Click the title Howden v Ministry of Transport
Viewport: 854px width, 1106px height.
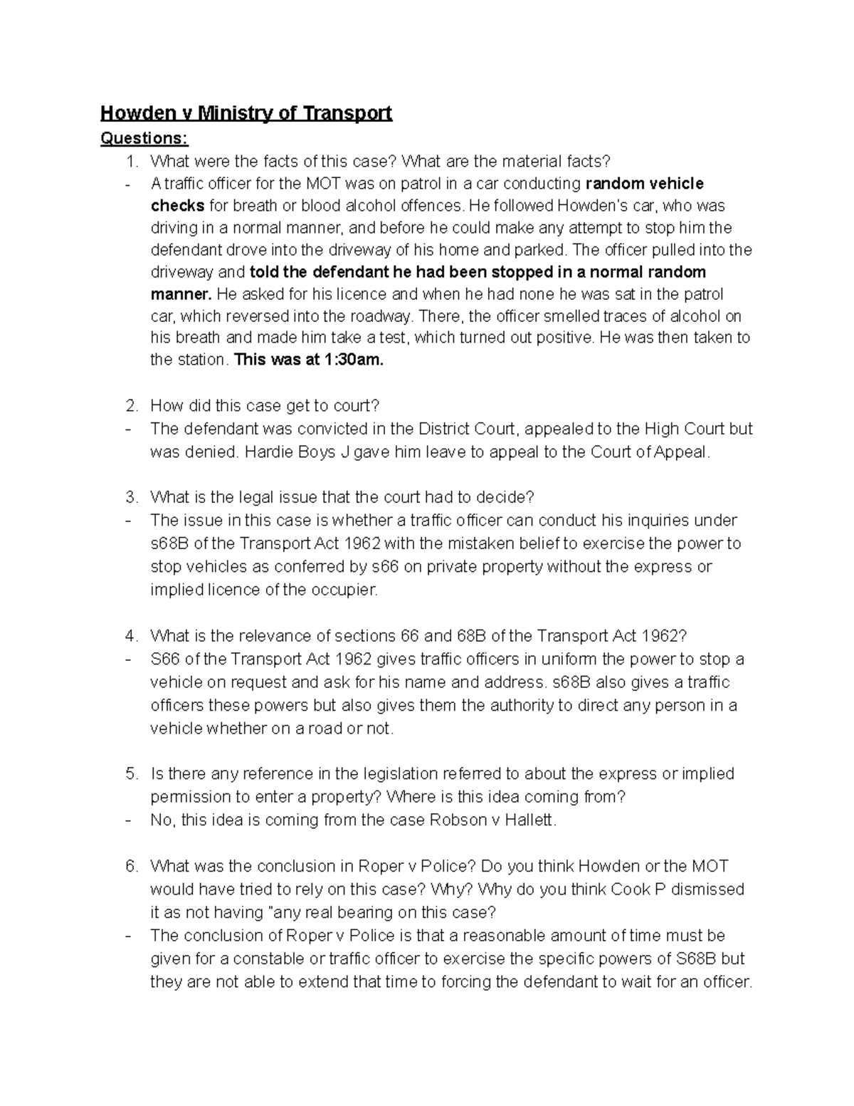click(246, 113)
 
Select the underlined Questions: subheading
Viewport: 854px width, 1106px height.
click(144, 138)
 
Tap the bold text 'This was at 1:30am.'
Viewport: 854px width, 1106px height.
click(308, 360)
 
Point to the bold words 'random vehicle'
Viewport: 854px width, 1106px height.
click(644, 184)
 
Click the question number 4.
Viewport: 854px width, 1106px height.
click(130, 636)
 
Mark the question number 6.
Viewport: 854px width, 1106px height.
click(130, 866)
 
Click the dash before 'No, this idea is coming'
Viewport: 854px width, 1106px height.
click(127, 820)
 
